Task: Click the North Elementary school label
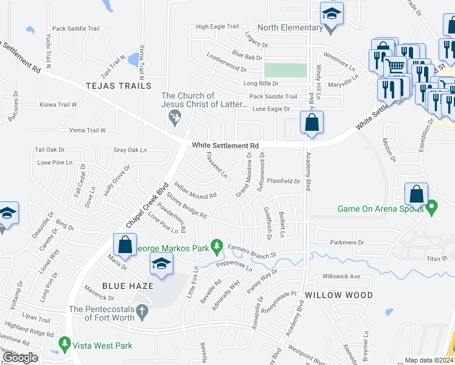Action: [290, 27]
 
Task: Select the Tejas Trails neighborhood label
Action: [118, 86]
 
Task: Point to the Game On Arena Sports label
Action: [381, 209]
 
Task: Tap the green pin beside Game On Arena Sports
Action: [432, 208]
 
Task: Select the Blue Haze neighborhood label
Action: [127, 285]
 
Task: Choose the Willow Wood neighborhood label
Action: [338, 295]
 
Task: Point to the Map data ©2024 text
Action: [429, 360]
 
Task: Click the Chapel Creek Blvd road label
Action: [146, 208]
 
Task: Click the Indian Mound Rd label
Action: [195, 190]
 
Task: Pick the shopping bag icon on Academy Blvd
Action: [311, 122]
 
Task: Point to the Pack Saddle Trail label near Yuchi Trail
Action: [75, 28]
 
